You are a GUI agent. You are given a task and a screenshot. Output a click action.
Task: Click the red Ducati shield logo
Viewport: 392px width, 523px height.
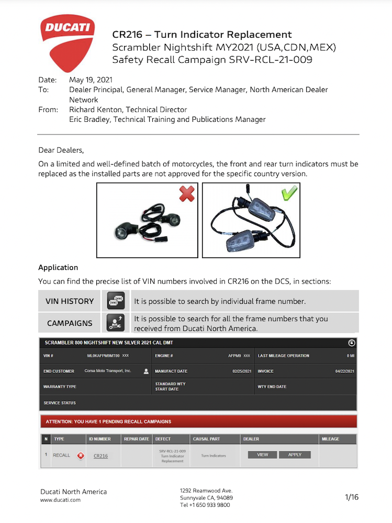point(68,42)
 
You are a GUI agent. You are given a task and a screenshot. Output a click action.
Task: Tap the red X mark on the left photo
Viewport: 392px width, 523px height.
point(187,194)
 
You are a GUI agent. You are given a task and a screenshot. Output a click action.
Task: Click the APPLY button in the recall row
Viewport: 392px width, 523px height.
point(295,455)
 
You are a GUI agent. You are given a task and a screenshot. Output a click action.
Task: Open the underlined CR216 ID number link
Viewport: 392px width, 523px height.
point(100,456)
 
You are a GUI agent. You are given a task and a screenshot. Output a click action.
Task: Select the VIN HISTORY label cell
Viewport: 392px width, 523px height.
point(70,301)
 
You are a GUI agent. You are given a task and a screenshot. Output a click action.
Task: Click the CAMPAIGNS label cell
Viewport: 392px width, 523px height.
point(70,323)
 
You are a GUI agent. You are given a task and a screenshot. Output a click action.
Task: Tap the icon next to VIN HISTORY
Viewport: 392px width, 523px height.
point(116,301)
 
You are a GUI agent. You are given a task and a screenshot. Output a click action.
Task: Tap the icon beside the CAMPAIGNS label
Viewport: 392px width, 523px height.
point(116,323)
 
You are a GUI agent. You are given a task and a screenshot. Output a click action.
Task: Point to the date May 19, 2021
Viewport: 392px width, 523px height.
point(91,80)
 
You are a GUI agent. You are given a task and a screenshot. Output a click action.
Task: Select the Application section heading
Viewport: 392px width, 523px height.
point(58,268)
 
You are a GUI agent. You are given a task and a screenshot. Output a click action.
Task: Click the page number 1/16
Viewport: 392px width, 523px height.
point(352,497)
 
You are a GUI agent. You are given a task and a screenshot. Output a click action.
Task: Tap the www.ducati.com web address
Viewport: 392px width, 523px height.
point(61,500)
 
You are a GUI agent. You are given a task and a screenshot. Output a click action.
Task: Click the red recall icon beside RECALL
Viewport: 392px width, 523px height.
point(80,456)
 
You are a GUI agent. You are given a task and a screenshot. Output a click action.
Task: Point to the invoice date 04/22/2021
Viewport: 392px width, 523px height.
point(345,371)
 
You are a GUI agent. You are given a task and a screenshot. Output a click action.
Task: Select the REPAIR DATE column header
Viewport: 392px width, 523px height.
point(136,439)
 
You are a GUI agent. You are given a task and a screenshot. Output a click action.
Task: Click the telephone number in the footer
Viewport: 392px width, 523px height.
point(205,505)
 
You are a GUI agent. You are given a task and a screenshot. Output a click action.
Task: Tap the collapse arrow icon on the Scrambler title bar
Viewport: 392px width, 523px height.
point(352,343)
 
